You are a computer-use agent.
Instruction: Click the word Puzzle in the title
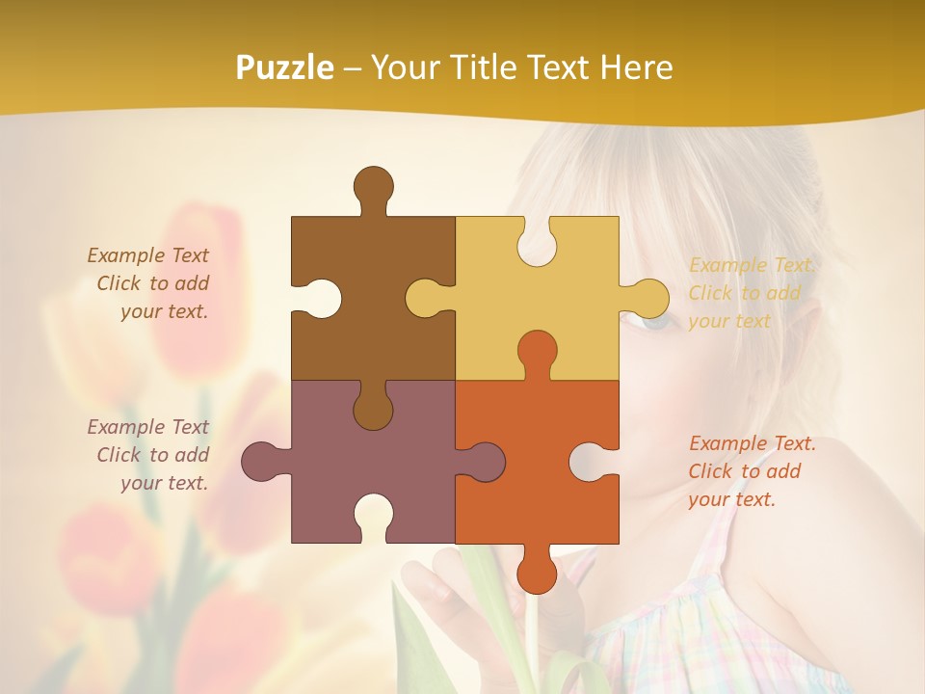coord(285,68)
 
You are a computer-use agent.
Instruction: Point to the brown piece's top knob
coord(373,187)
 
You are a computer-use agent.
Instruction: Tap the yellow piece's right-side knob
coord(647,298)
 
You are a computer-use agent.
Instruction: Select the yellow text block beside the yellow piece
coord(752,293)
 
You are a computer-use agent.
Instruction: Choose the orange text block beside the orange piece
coord(752,471)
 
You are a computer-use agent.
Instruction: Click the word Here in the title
coord(636,67)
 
